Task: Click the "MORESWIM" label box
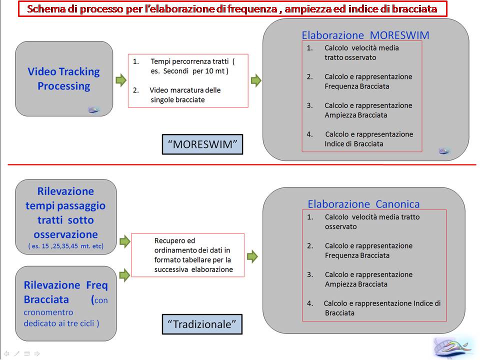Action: [202, 144]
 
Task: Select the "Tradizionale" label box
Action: [202, 324]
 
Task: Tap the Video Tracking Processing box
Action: [64, 78]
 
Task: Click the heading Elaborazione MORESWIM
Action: [365, 35]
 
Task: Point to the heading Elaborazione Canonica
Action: [363, 204]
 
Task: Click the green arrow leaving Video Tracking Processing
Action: [121, 80]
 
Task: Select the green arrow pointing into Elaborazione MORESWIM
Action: [256, 80]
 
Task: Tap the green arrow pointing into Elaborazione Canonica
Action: [252, 256]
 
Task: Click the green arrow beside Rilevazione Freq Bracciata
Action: [124, 275]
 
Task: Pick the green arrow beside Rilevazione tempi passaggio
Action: [124, 241]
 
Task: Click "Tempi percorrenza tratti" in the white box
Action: [189, 61]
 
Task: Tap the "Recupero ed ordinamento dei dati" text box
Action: [187, 255]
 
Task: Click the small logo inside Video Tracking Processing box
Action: [94, 109]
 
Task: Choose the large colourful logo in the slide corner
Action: [453, 347]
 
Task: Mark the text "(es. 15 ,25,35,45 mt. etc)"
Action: [66, 246]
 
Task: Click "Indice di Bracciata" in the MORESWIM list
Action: [354, 144]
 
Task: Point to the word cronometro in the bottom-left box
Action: [48, 312]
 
